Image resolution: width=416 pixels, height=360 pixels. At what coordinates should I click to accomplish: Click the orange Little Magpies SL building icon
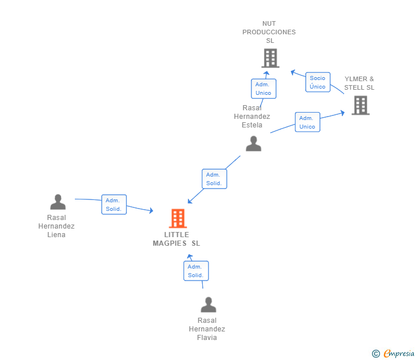pyautogui.click(x=178, y=218)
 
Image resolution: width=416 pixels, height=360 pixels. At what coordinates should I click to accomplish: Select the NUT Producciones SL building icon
pyautogui.click(x=270, y=58)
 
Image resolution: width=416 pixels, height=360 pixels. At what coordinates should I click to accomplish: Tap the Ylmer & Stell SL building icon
pyautogui.click(x=360, y=105)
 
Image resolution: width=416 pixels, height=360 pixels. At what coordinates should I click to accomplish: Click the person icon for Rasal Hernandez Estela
pyautogui.click(x=253, y=143)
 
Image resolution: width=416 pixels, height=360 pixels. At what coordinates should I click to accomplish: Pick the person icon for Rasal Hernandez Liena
pyautogui.click(x=58, y=202)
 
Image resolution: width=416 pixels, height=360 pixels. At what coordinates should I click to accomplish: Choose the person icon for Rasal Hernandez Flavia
pyautogui.click(x=208, y=305)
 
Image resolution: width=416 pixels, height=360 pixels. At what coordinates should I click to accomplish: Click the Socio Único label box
pyautogui.click(x=318, y=82)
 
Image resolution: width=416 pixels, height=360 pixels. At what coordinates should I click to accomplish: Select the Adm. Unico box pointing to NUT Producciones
pyautogui.click(x=263, y=89)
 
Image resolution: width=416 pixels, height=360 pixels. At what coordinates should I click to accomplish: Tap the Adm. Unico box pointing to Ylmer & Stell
pyautogui.click(x=307, y=122)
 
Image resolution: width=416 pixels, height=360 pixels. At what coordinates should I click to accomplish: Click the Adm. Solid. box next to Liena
pyautogui.click(x=114, y=205)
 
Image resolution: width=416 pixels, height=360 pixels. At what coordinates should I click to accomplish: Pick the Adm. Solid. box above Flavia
pyautogui.click(x=196, y=271)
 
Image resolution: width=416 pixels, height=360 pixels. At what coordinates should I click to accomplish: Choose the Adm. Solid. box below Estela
pyautogui.click(x=214, y=179)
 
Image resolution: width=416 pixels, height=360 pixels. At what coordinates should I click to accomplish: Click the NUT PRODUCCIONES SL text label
pyautogui.click(x=269, y=32)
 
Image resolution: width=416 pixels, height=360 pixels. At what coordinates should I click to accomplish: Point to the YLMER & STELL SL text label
pyautogui.click(x=359, y=83)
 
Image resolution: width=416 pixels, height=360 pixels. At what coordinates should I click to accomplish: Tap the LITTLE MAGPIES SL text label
pyautogui.click(x=177, y=239)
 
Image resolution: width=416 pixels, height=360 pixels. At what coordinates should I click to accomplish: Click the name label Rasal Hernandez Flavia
pyautogui.click(x=207, y=329)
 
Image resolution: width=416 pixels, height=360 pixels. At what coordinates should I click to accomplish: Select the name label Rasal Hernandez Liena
pyautogui.click(x=57, y=226)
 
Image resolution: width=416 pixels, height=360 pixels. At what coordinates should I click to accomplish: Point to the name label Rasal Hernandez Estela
pyautogui.click(x=252, y=117)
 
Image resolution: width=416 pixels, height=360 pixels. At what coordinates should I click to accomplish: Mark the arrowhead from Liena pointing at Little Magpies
pyautogui.click(x=151, y=211)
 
